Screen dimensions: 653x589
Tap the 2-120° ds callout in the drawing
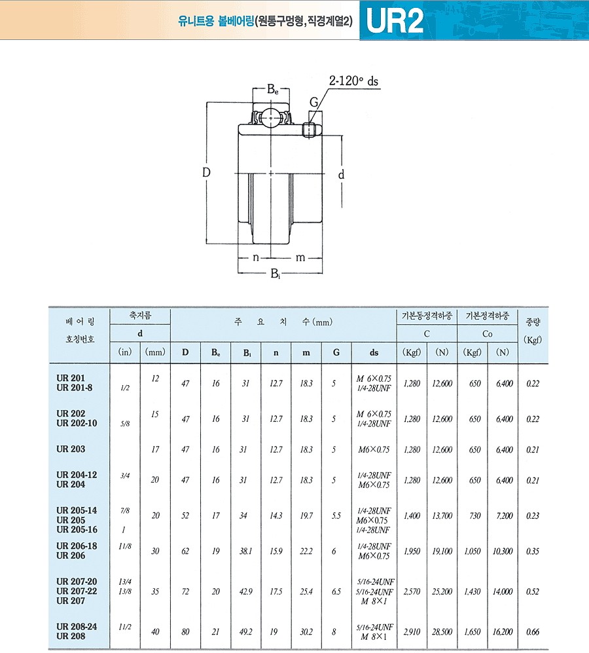click(x=353, y=82)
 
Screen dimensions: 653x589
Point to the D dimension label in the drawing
click(x=205, y=173)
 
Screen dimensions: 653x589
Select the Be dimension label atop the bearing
click(x=273, y=90)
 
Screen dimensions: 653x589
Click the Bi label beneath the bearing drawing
click(x=277, y=274)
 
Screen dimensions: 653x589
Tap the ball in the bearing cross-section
click(x=272, y=119)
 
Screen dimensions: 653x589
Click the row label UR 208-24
click(x=77, y=627)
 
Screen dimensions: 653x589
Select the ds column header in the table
click(x=374, y=352)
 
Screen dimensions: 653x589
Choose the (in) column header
click(x=125, y=352)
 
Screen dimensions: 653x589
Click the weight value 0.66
click(x=533, y=632)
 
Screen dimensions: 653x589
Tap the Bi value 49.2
click(x=245, y=632)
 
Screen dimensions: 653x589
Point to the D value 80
click(x=185, y=632)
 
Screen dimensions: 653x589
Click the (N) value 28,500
click(x=442, y=632)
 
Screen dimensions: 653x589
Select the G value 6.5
click(x=336, y=591)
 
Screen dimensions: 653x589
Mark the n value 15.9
click(x=276, y=551)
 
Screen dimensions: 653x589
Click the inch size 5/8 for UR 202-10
click(x=125, y=424)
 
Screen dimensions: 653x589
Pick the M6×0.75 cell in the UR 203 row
click(x=374, y=450)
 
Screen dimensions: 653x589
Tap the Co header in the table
click(x=488, y=334)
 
